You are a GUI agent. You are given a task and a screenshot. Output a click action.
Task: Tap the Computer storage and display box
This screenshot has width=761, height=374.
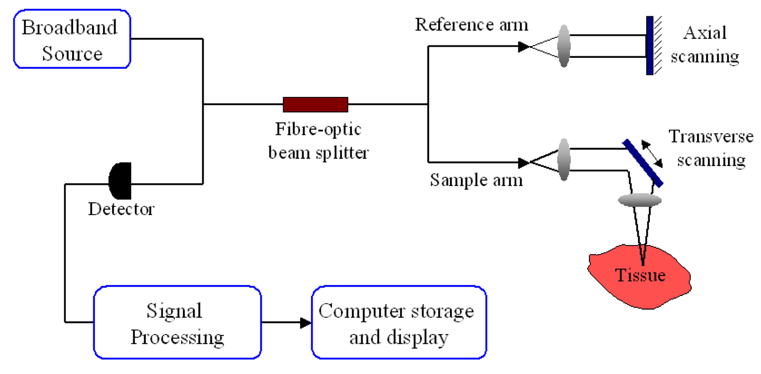click(399, 324)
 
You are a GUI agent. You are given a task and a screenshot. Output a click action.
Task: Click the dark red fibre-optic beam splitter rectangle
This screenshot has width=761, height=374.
click(315, 104)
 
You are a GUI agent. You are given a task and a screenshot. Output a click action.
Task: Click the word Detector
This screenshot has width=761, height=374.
click(121, 209)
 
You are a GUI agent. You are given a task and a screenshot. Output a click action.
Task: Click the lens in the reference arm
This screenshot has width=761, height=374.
click(564, 47)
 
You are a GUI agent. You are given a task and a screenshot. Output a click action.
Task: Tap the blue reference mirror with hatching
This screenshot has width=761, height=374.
click(649, 46)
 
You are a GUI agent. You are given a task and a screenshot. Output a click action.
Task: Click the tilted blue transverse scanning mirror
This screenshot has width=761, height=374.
click(643, 163)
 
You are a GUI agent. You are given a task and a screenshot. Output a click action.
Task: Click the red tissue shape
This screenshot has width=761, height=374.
click(639, 271)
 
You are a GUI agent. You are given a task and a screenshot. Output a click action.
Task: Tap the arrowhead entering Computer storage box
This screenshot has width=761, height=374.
click(306, 323)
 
